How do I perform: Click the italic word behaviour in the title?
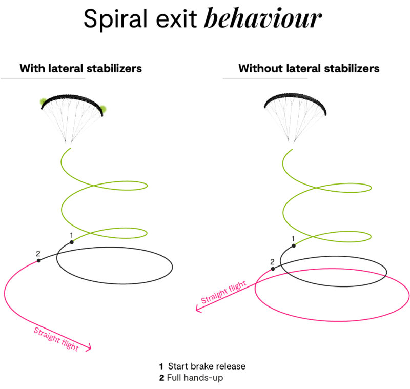click(x=262, y=19)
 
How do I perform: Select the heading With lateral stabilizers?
click(x=80, y=68)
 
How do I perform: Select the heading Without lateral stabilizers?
click(x=309, y=68)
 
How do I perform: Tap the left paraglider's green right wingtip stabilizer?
click(x=102, y=109)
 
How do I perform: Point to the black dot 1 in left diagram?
click(x=72, y=242)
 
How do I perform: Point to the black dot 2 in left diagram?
click(x=38, y=261)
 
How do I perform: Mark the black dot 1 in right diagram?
click(x=293, y=246)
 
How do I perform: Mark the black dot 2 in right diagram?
click(x=273, y=269)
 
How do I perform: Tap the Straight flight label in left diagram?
click(x=56, y=339)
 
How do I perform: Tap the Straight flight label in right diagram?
click(x=220, y=293)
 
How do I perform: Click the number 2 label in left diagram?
click(x=38, y=253)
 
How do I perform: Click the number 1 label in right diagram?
click(x=293, y=238)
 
